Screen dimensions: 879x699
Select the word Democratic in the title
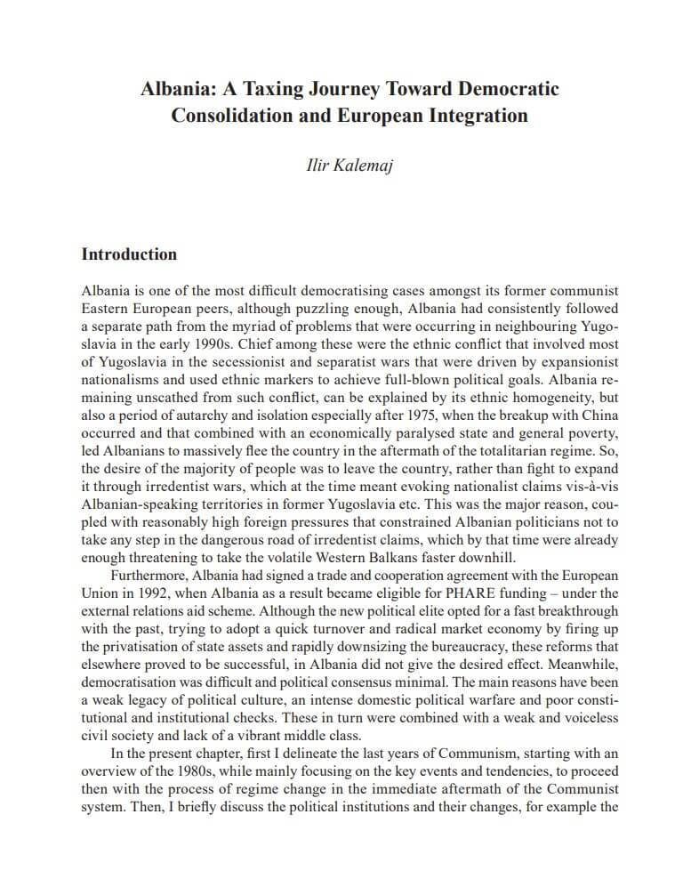coord(508,89)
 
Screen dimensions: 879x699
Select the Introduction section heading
coord(129,254)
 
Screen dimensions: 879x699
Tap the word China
coord(599,416)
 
